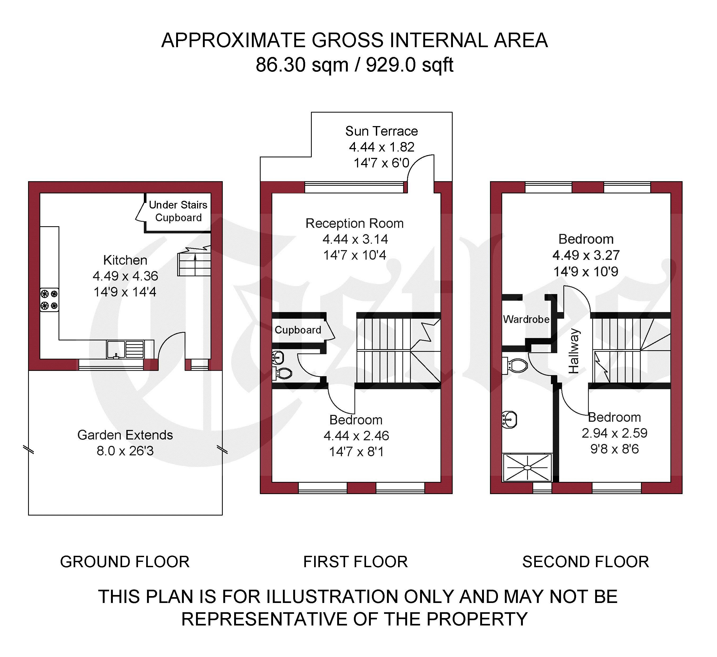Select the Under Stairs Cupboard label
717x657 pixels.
[x=178, y=211]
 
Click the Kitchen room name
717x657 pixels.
[x=125, y=260]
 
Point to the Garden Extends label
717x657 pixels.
[x=125, y=435]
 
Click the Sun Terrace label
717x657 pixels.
[x=382, y=131]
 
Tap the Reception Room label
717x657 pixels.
[x=355, y=223]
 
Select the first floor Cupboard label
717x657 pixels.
[x=298, y=330]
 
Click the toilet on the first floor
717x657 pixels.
[x=282, y=373]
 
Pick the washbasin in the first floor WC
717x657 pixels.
[x=278, y=357]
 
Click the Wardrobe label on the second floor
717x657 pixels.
[x=526, y=319]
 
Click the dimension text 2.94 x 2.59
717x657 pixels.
[x=614, y=433]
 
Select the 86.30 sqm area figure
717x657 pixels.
[x=302, y=65]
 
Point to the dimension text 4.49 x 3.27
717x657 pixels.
[x=586, y=255]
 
